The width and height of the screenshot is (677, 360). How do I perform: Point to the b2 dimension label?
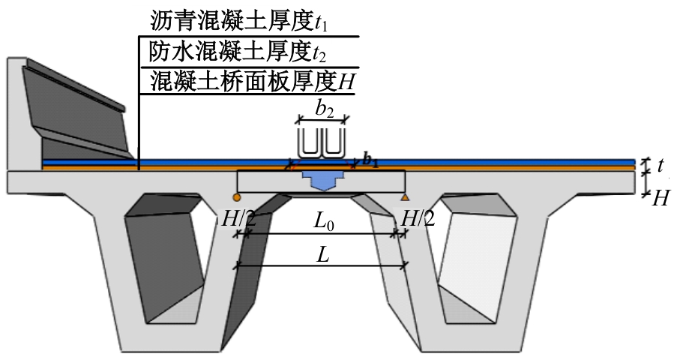[324, 109]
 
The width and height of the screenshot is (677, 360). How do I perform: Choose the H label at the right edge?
[661, 198]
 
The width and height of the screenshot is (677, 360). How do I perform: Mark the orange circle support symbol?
[236, 197]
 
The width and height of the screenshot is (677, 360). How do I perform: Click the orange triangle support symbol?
[405, 197]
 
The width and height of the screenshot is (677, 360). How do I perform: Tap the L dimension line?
[322, 264]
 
